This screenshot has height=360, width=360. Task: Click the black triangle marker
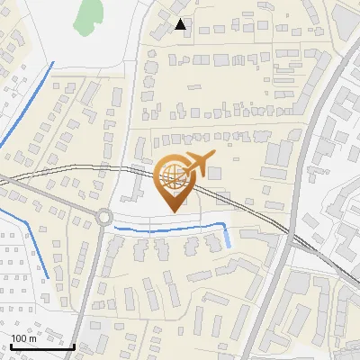tap(181, 24)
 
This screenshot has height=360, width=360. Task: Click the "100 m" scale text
tap(23, 338)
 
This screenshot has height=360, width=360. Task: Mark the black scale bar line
tap(41, 346)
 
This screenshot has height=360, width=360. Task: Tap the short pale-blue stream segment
tap(227, 238)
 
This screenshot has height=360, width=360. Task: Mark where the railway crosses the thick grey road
tap(290, 236)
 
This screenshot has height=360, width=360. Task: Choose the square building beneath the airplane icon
tap(214, 172)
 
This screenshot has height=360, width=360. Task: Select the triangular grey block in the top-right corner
tap(346, 16)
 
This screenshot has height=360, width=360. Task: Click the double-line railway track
tap(243, 206)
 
